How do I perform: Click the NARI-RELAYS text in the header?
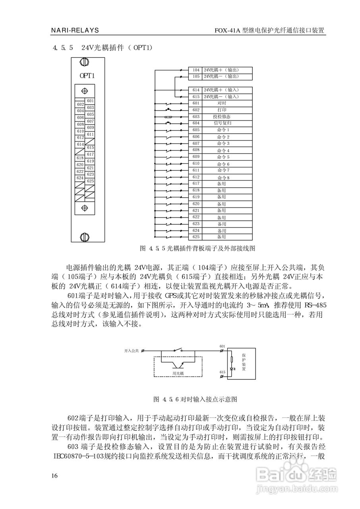tap(75, 30)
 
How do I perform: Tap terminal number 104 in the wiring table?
tap(196, 70)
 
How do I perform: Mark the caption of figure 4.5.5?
tap(197, 248)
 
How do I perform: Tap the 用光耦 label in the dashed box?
tap(178, 373)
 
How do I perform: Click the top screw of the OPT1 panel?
tap(84, 62)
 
